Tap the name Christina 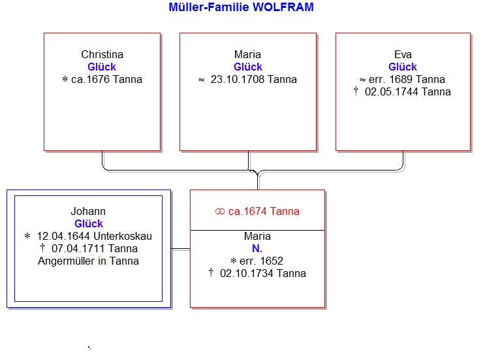(102, 54)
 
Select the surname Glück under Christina (102, 67)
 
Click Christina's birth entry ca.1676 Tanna (106, 80)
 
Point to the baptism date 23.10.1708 (238, 80)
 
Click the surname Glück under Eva (403, 67)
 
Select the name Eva (403, 54)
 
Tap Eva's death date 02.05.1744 (392, 92)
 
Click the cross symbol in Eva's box (356, 91)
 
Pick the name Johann (88, 212)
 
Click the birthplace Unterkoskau (123, 236)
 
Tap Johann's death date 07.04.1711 (78, 248)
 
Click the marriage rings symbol (220, 212)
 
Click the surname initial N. (257, 248)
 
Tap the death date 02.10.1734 (247, 273)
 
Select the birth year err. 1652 (261, 261)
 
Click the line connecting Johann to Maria (181, 249)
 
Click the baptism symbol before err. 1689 (362, 80)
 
